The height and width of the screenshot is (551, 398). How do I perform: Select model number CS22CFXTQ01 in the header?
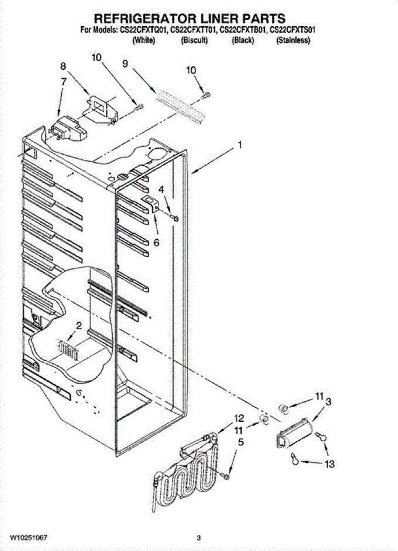(144, 31)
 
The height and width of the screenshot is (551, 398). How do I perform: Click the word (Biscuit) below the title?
(195, 41)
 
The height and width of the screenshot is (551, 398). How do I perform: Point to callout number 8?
(63, 66)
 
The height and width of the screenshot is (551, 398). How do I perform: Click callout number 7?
(63, 81)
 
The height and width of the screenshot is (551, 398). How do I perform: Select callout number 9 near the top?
(125, 64)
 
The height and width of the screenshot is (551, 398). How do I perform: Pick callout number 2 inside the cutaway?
(79, 326)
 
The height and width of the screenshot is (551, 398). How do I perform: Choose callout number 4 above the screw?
(161, 189)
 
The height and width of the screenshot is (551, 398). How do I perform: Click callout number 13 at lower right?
(329, 464)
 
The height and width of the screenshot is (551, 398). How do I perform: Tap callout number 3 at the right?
(328, 402)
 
